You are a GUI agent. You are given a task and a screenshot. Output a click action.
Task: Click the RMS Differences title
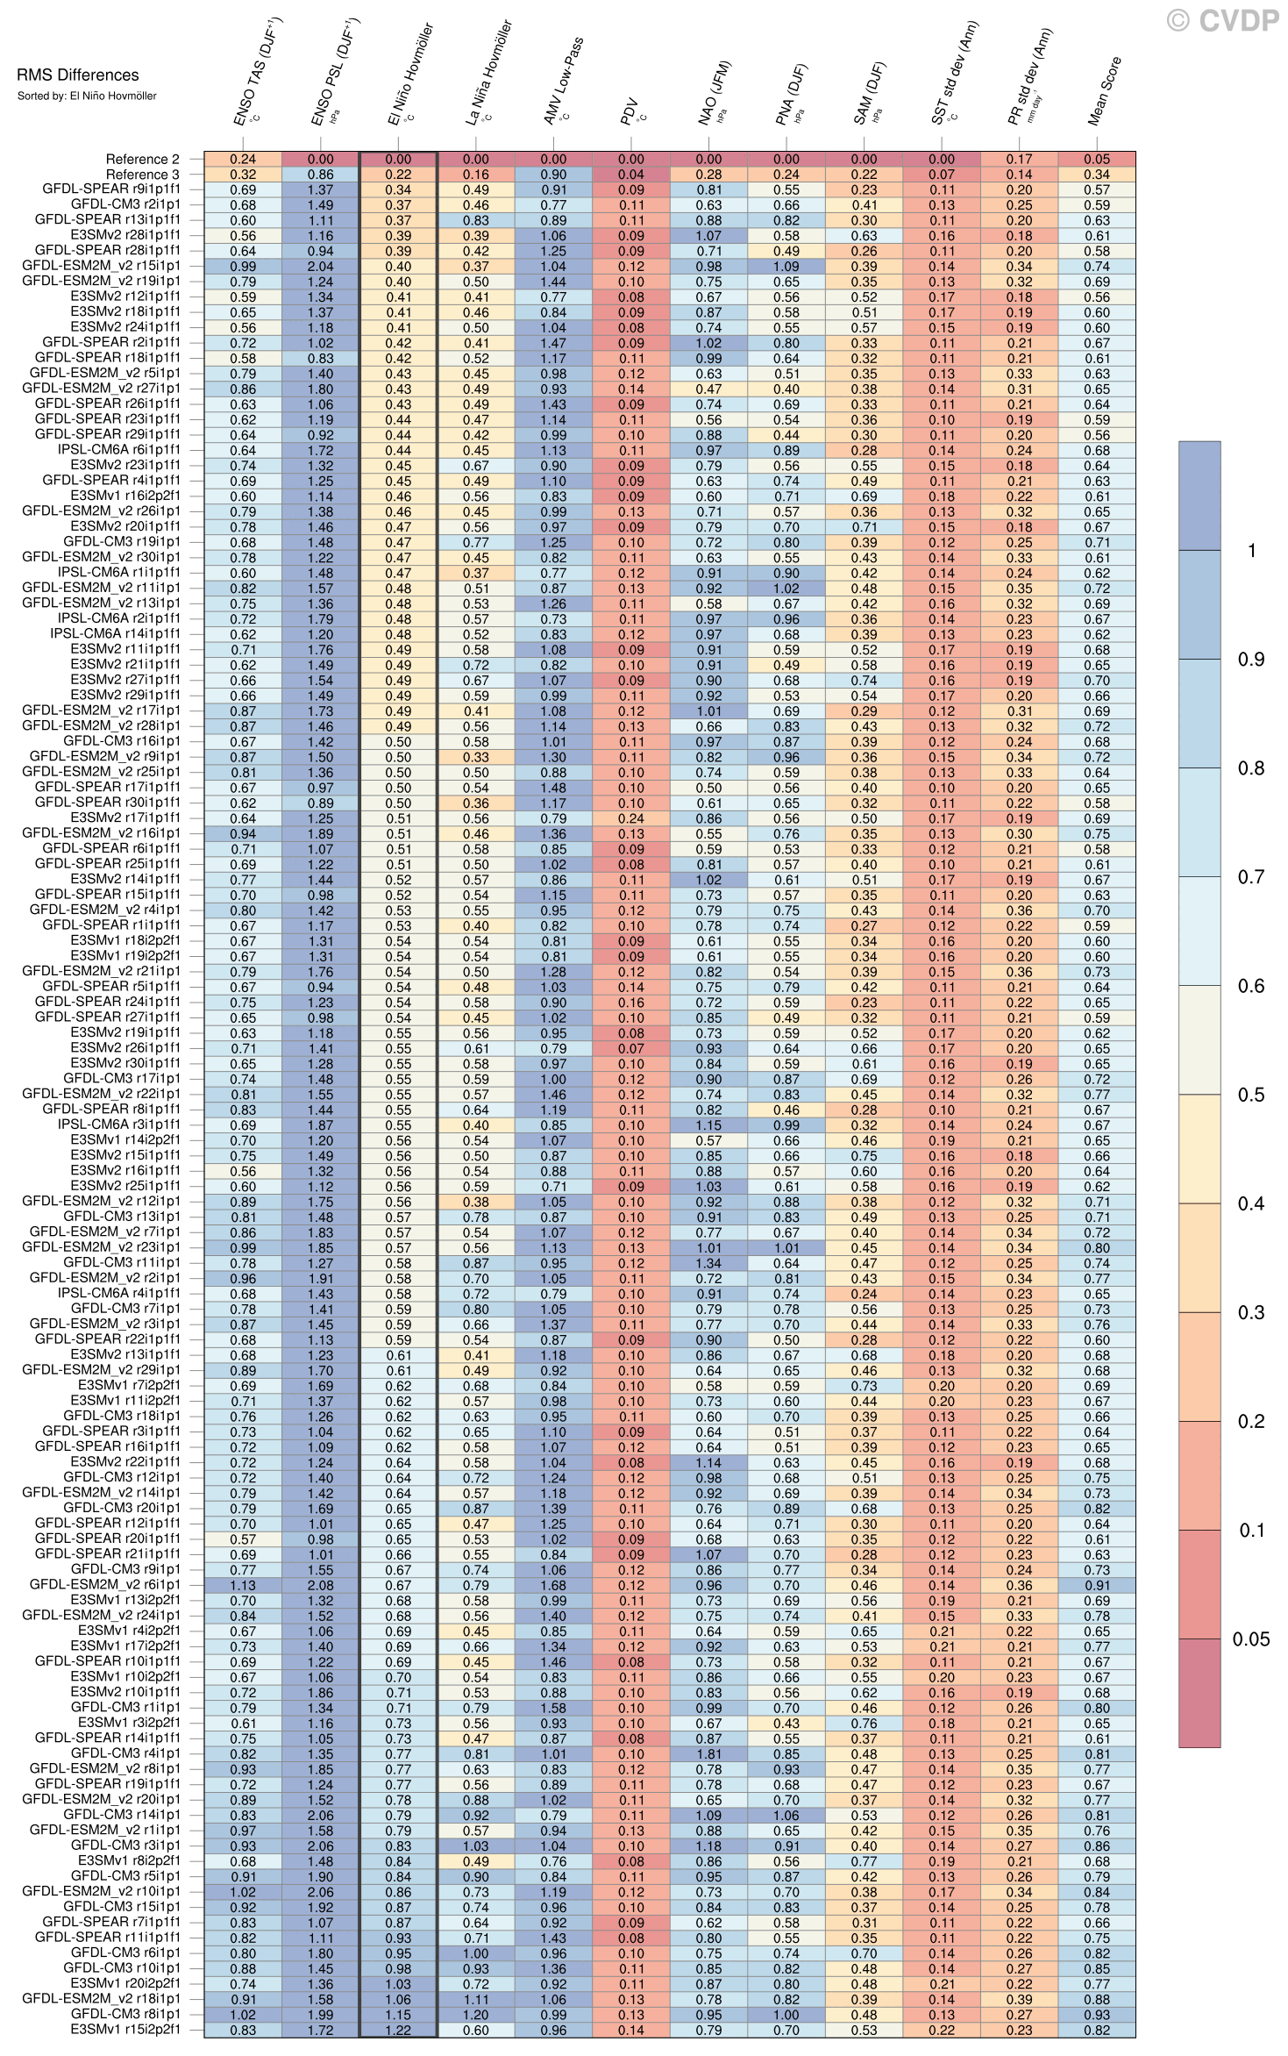click(77, 75)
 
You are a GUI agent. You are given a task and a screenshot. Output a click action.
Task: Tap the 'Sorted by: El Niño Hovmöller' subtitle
click(86, 96)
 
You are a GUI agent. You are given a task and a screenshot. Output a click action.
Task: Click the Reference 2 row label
click(142, 159)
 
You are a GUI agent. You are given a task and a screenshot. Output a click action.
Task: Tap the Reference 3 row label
click(142, 175)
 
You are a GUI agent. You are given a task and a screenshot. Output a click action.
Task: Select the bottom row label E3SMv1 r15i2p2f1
click(125, 2030)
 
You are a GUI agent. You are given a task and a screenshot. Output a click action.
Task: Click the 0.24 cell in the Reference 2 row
click(243, 159)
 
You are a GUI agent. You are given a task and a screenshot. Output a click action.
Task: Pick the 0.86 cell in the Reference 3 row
click(321, 175)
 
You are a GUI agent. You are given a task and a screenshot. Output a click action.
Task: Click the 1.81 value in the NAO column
click(708, 1753)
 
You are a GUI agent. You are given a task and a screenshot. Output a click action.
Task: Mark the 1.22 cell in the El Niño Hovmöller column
click(398, 2030)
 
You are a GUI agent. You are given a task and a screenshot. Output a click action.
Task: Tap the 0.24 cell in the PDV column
click(630, 818)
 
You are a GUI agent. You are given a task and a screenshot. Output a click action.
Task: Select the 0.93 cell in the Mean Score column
click(1096, 2014)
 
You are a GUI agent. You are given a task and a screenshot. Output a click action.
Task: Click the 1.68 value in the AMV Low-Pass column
click(553, 1585)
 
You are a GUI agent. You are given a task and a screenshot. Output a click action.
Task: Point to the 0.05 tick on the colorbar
click(1251, 1639)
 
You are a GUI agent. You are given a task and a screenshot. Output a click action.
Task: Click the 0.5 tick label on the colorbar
click(1251, 1095)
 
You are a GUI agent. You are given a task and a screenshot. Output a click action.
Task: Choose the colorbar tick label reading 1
click(1252, 550)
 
